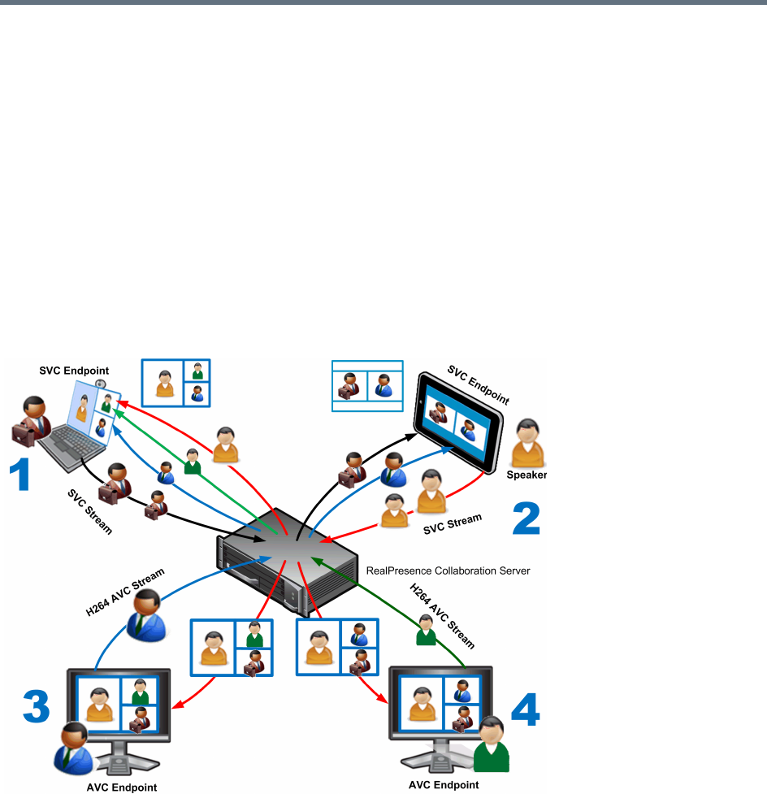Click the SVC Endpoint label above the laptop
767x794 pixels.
click(x=74, y=371)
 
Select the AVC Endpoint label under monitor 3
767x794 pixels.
click(x=121, y=787)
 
